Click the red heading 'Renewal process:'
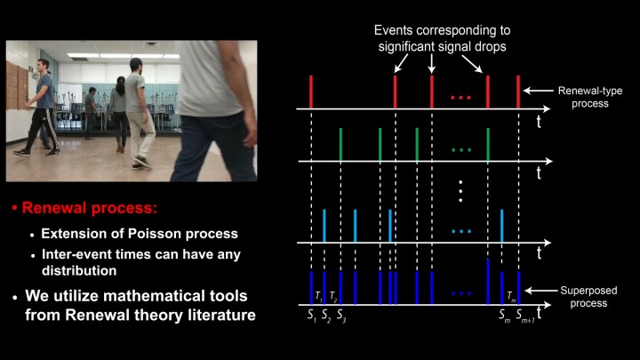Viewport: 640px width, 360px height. (90, 208)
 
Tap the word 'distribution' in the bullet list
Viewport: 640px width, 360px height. (79, 270)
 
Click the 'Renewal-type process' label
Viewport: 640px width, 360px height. (590, 97)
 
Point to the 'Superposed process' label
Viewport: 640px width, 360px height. (588, 297)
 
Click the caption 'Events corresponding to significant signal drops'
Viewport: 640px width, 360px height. (442, 38)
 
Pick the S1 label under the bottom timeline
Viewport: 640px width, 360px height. (312, 316)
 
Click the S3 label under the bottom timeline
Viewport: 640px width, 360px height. (341, 316)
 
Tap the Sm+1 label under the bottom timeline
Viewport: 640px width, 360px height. (525, 316)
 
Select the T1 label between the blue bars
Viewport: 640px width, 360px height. (318, 296)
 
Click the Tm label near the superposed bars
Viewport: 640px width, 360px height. (511, 296)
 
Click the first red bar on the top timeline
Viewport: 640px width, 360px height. (311, 92)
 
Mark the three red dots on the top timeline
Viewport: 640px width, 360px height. (460, 98)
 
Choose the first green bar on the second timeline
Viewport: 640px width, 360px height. (340, 145)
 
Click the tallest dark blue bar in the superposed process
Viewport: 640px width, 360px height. (488, 282)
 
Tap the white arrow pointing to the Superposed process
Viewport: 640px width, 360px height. (540, 291)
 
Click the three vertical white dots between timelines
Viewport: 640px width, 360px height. (460, 191)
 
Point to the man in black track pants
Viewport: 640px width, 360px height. (41, 108)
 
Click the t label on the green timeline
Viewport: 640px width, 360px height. (539, 172)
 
